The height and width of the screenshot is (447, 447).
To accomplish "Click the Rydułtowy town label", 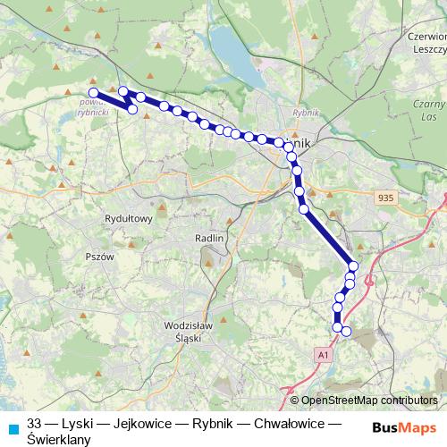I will point(131,217).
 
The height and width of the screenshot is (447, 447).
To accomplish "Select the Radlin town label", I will point(208,239).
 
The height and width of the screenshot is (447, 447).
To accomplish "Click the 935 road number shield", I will point(385,198).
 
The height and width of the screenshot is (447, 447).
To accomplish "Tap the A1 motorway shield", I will point(322,355).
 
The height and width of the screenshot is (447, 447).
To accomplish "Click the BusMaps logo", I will point(404,426).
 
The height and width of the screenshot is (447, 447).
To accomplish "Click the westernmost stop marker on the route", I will point(93,91).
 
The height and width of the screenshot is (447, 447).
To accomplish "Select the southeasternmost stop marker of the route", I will point(347,333).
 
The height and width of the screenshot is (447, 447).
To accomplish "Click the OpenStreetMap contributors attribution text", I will point(368,401).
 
